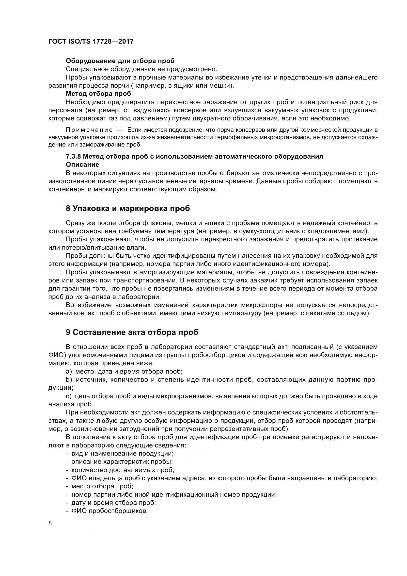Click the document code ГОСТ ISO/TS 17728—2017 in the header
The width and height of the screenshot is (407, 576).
click(x=91, y=41)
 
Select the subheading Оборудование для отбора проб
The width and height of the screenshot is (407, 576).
click(x=120, y=61)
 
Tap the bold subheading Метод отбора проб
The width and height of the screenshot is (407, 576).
click(x=98, y=94)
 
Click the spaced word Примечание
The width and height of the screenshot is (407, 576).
click(x=89, y=130)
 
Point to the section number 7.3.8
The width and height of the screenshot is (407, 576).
click(x=73, y=157)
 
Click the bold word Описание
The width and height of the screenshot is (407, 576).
click(x=82, y=165)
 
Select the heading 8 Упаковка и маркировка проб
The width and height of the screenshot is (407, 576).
click(x=128, y=209)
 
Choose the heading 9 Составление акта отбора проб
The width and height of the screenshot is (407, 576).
click(x=132, y=332)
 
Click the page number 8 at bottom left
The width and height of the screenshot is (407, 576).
click(x=50, y=523)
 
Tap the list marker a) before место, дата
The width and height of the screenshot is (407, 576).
click(x=69, y=372)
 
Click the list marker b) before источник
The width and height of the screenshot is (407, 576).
click(x=69, y=380)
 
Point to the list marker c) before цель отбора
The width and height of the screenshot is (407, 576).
click(x=69, y=396)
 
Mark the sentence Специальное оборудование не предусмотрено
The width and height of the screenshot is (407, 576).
click(x=141, y=69)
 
